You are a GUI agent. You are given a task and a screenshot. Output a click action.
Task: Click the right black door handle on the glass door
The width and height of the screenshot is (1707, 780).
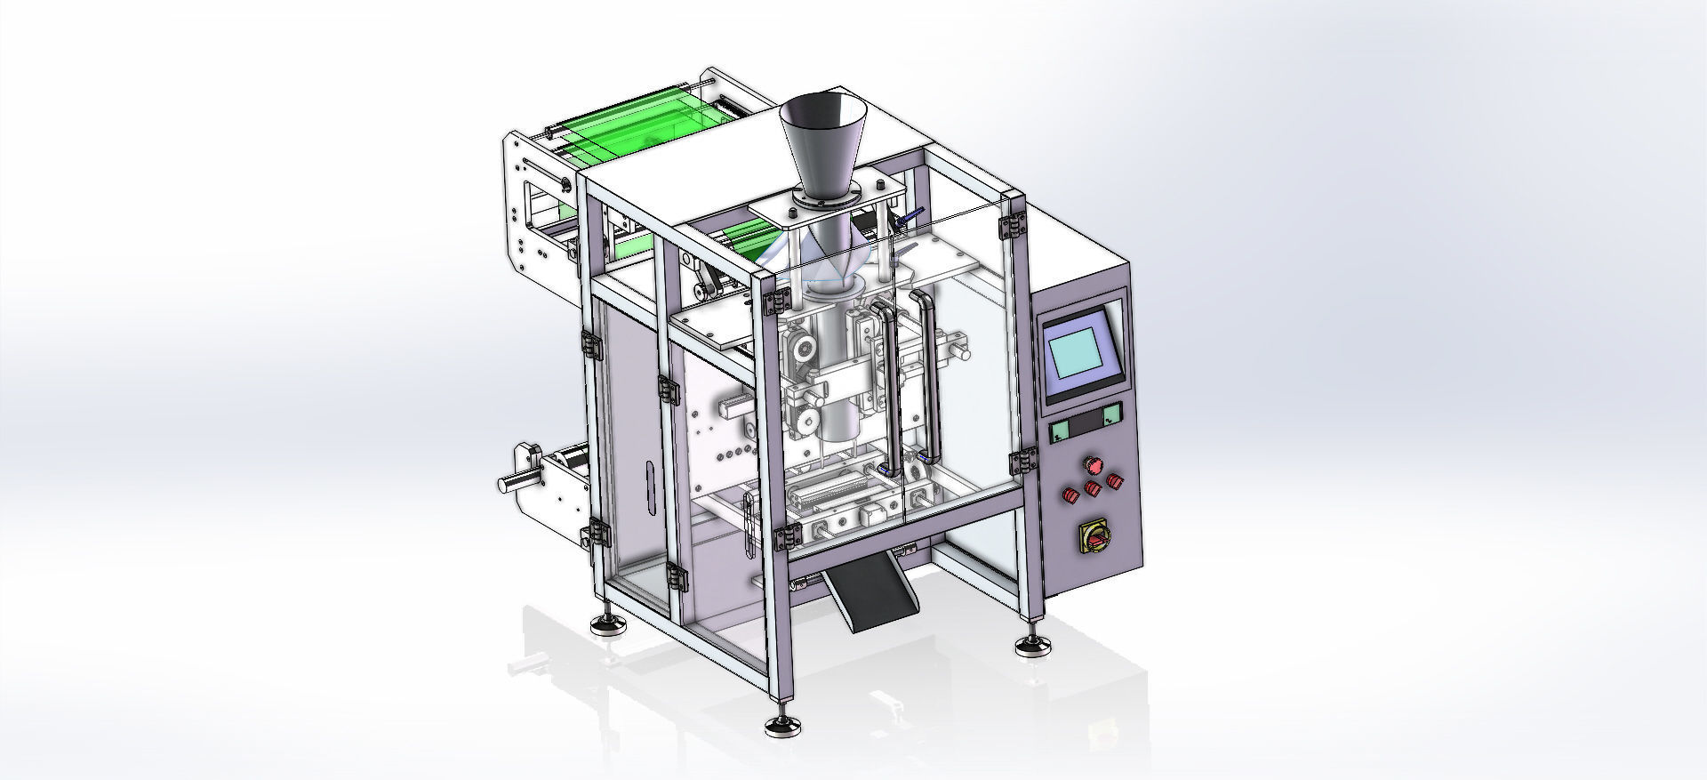click(x=927, y=374)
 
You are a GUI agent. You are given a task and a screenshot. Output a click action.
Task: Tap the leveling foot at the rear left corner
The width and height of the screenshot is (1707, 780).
click(x=610, y=624)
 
